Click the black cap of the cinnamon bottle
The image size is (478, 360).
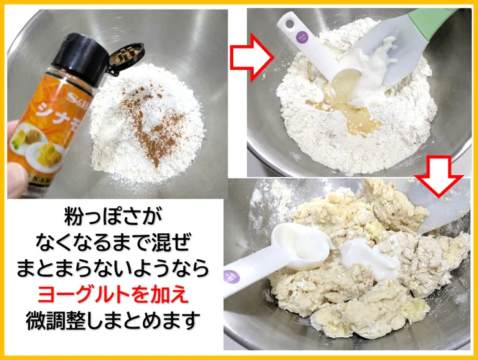[x=80, y=59]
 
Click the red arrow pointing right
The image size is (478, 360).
[x=252, y=58]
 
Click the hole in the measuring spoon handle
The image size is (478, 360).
[x=289, y=24]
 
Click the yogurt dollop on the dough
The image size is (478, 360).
[x=368, y=257]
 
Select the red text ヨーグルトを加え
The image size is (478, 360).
[x=113, y=295]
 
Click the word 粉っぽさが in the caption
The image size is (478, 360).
[x=113, y=216]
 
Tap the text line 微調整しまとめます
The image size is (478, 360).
[x=113, y=321]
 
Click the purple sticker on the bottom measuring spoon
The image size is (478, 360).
[x=232, y=277]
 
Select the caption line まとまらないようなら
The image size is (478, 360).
[x=113, y=268]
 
